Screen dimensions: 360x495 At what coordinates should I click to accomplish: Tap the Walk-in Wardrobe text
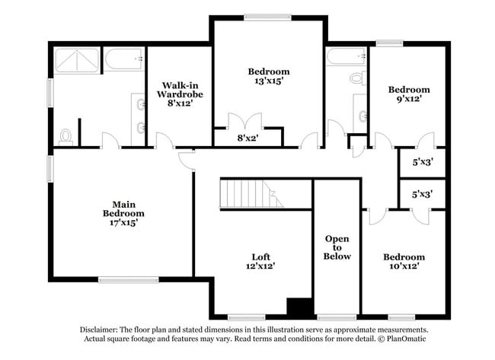(180, 94)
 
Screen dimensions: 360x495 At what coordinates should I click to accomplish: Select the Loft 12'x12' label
(261, 261)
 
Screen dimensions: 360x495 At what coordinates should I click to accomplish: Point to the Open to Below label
(337, 247)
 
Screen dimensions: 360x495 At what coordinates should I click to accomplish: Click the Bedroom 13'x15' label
(269, 76)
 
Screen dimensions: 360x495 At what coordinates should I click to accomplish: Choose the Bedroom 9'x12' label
(408, 94)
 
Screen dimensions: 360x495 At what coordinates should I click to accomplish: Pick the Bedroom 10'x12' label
(404, 262)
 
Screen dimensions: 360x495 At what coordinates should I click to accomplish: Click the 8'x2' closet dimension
(247, 139)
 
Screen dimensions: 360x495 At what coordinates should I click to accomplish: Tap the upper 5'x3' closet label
(422, 162)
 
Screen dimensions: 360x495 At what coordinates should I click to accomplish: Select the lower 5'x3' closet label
(422, 194)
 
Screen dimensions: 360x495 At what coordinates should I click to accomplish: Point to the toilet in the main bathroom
(66, 136)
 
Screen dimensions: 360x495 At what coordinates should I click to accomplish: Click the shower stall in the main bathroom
(76, 59)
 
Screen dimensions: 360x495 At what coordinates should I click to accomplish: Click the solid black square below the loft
(300, 306)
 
